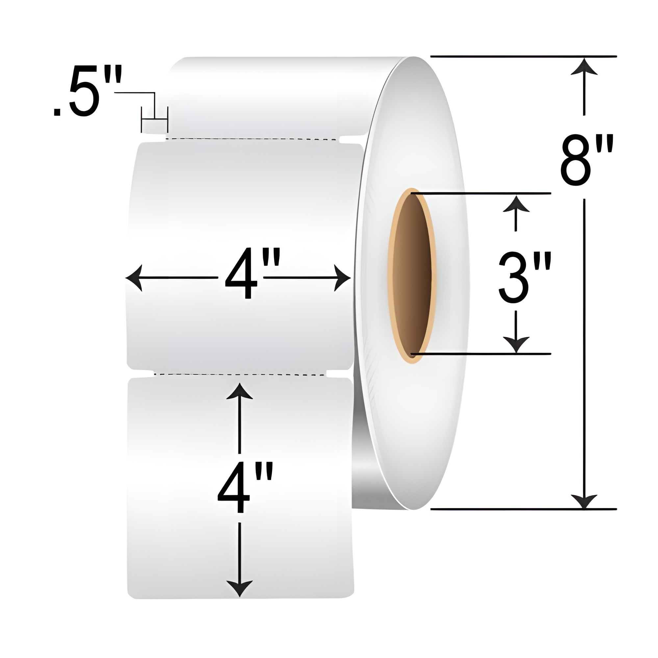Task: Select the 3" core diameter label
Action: pyautogui.click(x=525, y=277)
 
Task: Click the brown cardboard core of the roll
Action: pyautogui.click(x=413, y=276)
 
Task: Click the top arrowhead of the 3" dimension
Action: pyautogui.click(x=516, y=204)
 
